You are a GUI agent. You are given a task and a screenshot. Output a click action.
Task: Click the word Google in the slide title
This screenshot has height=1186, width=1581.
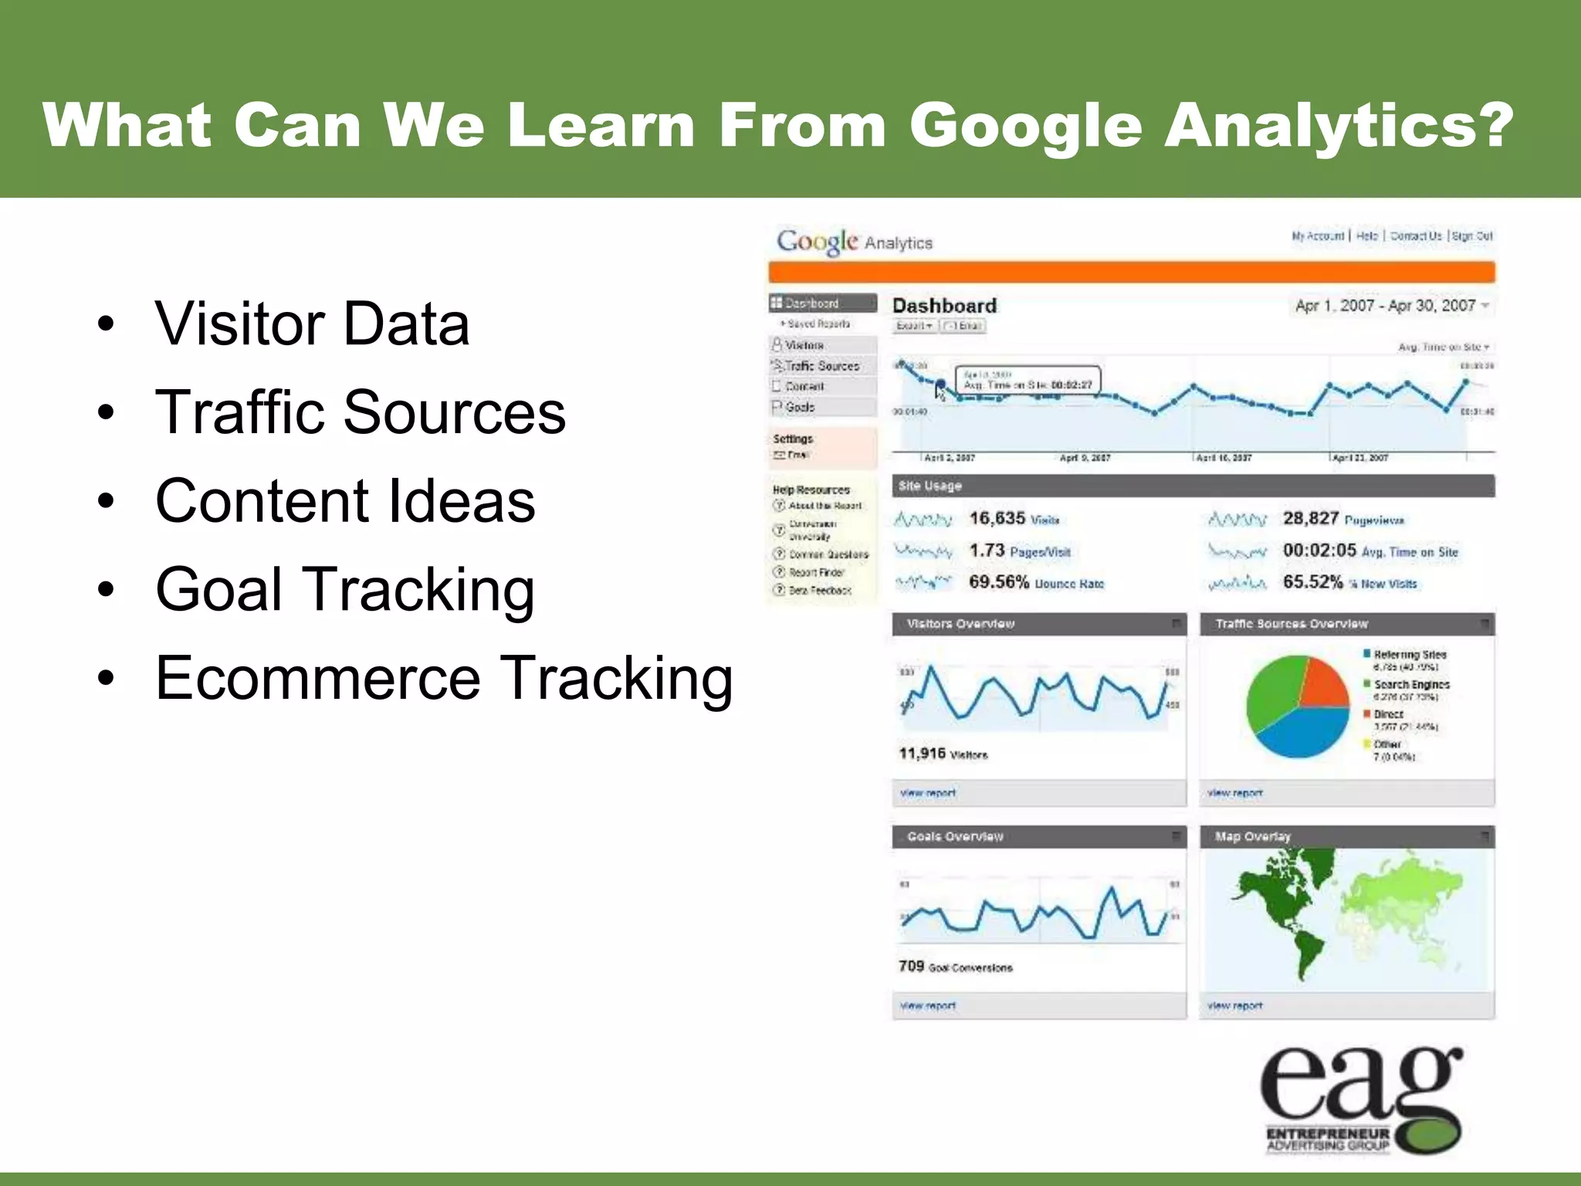coord(1025,127)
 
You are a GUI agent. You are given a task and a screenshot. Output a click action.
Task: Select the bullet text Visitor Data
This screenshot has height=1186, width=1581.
coord(312,324)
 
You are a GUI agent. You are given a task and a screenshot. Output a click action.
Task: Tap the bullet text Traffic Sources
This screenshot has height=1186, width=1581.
coord(360,412)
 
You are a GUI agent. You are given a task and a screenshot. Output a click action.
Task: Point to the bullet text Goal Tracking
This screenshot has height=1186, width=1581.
coord(344,590)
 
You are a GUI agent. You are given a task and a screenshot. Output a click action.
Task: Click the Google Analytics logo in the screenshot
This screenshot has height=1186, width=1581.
coord(854,242)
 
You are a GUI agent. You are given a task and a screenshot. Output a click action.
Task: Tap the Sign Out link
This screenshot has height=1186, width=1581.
coord(1472,236)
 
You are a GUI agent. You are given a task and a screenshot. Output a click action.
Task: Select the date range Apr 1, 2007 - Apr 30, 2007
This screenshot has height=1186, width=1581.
coord(1385,306)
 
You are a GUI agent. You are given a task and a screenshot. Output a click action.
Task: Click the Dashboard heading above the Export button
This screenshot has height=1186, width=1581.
coord(944,306)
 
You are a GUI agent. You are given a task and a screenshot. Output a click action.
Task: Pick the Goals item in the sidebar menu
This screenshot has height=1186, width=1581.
coord(800,407)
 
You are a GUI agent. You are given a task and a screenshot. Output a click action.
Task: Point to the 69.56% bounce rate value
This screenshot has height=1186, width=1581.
coord(999,582)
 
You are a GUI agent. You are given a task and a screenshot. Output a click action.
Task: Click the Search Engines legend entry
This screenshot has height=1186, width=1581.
coord(1410,685)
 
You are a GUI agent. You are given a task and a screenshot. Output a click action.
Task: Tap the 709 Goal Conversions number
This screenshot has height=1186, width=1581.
coord(912,966)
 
